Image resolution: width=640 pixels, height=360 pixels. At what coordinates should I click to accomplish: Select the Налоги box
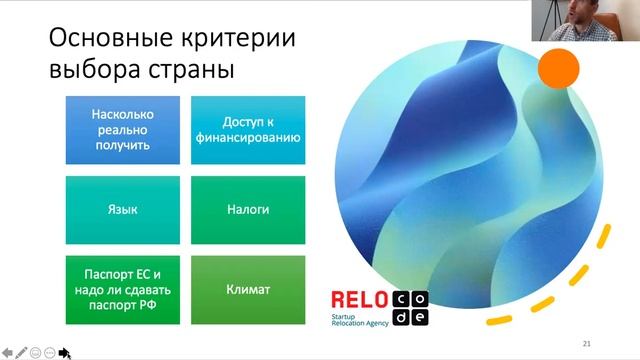click(x=247, y=211)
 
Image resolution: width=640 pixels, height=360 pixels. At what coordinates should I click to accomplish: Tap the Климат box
click(x=247, y=291)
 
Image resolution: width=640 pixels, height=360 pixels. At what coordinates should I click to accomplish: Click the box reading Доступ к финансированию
click(x=247, y=130)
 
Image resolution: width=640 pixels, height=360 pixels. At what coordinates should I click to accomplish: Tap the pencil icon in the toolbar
click(x=21, y=352)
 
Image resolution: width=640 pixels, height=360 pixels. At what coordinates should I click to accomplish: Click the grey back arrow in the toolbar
click(x=7, y=352)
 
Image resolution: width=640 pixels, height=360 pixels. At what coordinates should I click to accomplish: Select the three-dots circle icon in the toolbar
click(x=49, y=352)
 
